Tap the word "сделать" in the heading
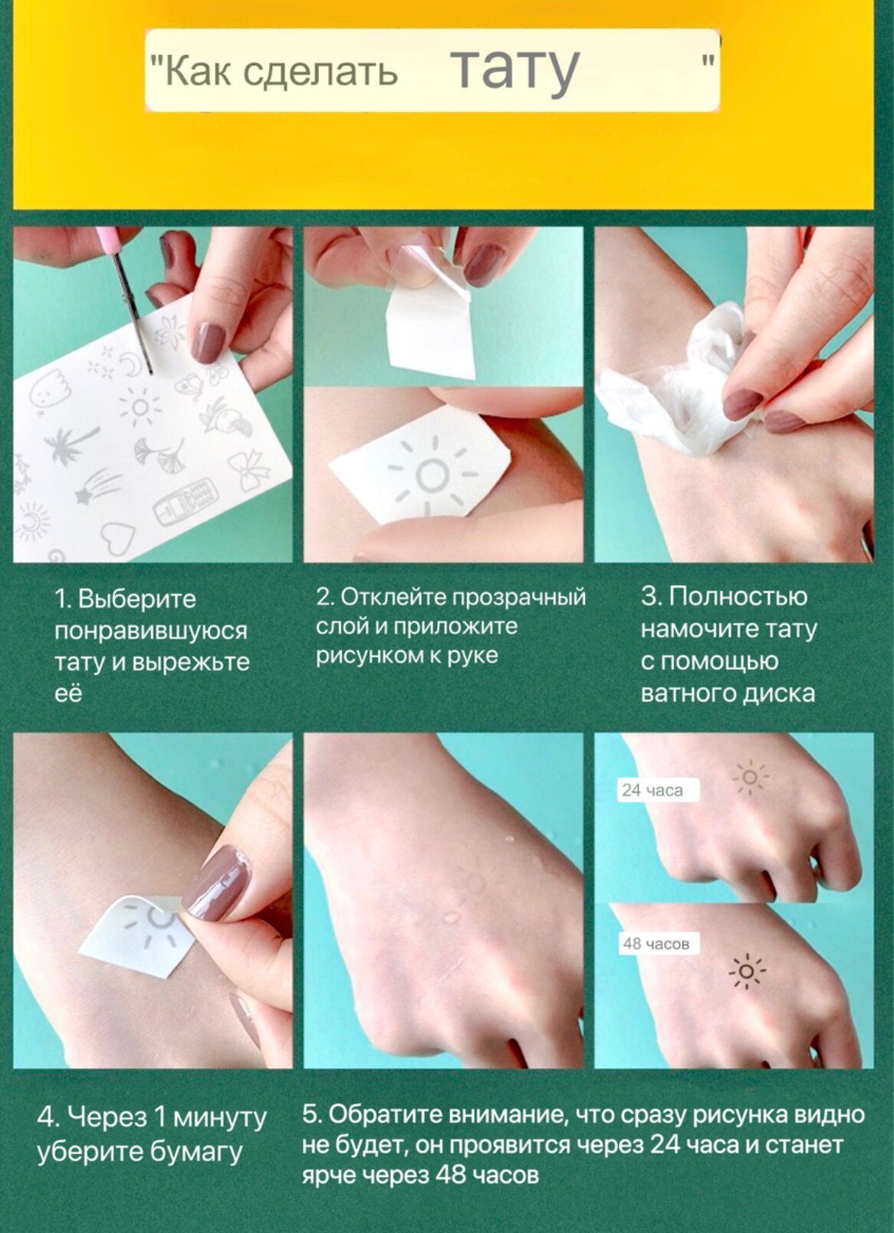coord(320,71)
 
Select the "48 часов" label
coord(656,944)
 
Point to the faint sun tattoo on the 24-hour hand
coord(750,777)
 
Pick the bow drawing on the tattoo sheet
coord(250,468)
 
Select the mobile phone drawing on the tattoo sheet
coord(182,508)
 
